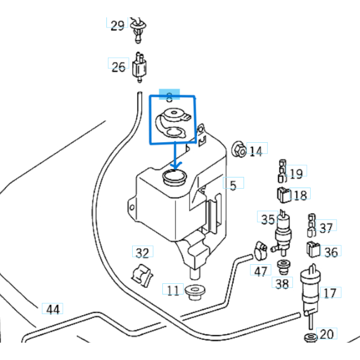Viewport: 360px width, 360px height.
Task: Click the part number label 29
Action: [x=117, y=26]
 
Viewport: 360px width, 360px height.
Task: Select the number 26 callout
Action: [x=118, y=67]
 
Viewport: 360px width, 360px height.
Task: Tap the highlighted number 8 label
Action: [x=170, y=97]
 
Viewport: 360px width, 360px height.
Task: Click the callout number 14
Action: [x=256, y=151]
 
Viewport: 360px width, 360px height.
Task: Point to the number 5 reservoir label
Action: [x=233, y=184]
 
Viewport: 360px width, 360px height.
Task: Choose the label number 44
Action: [x=53, y=309]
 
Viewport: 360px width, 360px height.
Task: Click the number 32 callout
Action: [x=143, y=253]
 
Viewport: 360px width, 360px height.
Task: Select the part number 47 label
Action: [x=261, y=272]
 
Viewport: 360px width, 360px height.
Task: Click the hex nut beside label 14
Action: [x=238, y=149]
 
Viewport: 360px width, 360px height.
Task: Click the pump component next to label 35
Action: [x=284, y=230]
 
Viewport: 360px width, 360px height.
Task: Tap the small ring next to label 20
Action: [x=309, y=338]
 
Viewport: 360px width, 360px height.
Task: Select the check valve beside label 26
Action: [x=138, y=66]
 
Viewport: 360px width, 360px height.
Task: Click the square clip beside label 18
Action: [x=283, y=195]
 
